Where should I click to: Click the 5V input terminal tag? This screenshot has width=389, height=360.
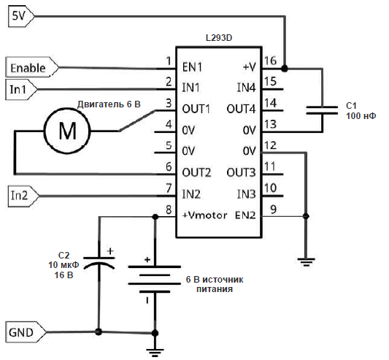[x=21, y=16]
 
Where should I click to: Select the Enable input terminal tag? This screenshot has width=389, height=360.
[x=32, y=67]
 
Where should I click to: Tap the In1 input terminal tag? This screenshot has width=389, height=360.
[x=21, y=89]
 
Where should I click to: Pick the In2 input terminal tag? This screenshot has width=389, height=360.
[x=23, y=196]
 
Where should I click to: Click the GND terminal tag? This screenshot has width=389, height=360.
[x=26, y=332]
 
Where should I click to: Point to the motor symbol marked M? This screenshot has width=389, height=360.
[x=67, y=131]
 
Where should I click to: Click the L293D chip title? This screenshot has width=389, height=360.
[x=219, y=38]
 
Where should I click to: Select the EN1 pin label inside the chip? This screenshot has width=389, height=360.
[x=192, y=67]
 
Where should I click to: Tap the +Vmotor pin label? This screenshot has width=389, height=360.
[x=204, y=215]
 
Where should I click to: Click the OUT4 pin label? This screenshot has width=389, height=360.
[x=241, y=109]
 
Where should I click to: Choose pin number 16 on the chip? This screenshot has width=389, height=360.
[x=270, y=61]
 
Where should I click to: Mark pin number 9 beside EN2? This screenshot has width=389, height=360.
[x=273, y=210]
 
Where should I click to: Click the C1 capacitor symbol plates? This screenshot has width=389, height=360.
[x=322, y=110]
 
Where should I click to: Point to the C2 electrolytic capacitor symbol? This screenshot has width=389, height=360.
[x=99, y=263]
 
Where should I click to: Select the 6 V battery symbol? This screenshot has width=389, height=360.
[x=154, y=279]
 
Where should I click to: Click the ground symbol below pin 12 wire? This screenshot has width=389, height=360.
[x=306, y=262]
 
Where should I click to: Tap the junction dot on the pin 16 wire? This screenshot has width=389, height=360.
[x=285, y=68]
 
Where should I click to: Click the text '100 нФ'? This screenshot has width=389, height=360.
[x=361, y=115]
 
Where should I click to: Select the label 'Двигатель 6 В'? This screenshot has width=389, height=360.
[x=109, y=104]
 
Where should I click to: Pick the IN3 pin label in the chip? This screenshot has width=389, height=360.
[x=246, y=194]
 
